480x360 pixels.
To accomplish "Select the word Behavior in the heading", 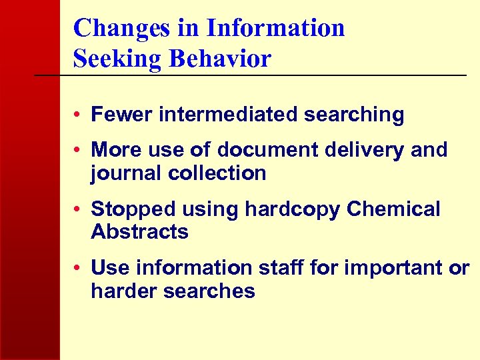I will pyautogui.click(x=219, y=59).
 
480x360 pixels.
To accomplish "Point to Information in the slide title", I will pyautogui.click(x=275, y=28).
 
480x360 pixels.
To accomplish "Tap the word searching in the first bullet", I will pyautogui.click(x=354, y=115).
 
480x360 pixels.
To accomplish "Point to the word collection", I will pyautogui.click(x=217, y=173).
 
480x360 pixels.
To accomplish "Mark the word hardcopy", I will pyautogui.click(x=294, y=209).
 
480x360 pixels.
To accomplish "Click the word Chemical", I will pyautogui.click(x=394, y=209).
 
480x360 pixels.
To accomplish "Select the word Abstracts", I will pyautogui.click(x=139, y=232).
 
